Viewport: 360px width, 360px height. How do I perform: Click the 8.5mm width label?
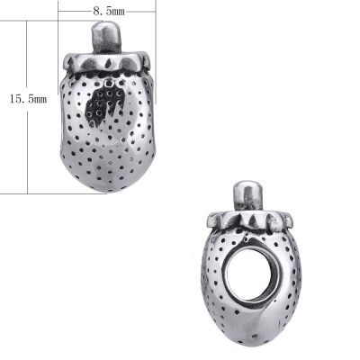coord(109,9)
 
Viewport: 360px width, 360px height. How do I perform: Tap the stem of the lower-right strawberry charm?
coord(248,195)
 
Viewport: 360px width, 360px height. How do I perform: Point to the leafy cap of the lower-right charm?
coord(249,219)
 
